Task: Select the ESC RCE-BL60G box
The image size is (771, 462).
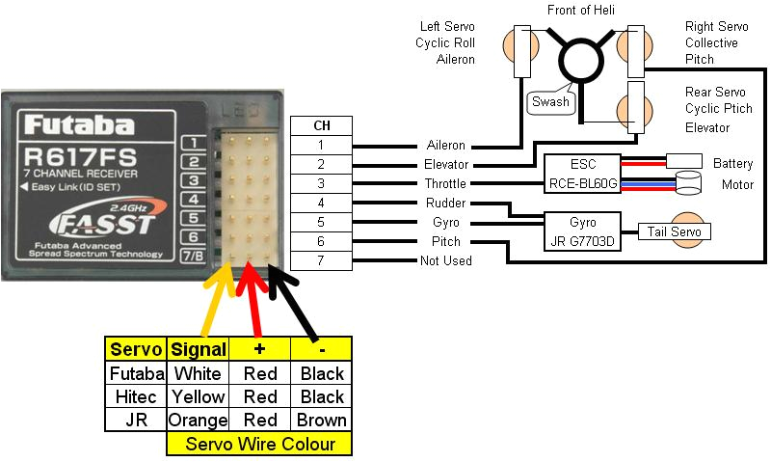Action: click(582, 174)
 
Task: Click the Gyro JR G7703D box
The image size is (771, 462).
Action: click(582, 231)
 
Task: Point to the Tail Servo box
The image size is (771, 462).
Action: click(674, 231)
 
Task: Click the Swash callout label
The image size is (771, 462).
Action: click(550, 101)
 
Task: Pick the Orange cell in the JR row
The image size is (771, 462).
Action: click(197, 421)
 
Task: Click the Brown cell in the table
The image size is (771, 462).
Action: click(322, 421)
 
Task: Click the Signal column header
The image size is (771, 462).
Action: click(197, 350)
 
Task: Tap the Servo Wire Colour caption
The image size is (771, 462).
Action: click(259, 445)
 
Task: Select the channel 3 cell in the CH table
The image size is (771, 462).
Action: click(320, 183)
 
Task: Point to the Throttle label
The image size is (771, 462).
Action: click(445, 183)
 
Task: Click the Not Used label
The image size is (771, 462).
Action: click(445, 261)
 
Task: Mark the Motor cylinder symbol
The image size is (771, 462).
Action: click(689, 183)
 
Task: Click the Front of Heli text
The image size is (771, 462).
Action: click(581, 11)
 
